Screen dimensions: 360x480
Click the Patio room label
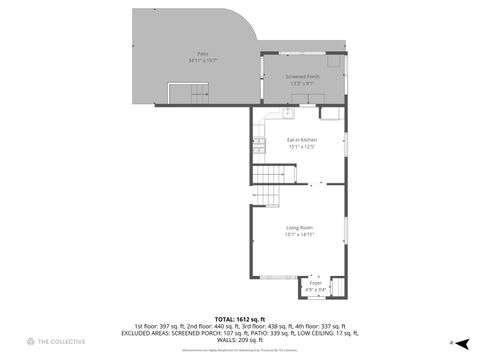coord(203,54)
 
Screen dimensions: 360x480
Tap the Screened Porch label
coord(302,76)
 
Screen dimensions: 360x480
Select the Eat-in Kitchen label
coord(302,140)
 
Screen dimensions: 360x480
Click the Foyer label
coord(315,283)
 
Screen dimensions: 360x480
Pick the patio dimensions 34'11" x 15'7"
coord(203,61)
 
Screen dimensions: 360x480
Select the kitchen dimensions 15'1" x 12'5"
coord(302,147)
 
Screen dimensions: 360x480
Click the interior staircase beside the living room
coord(267,185)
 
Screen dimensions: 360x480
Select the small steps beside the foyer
coord(337,287)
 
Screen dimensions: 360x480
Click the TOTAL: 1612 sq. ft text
coord(239,317)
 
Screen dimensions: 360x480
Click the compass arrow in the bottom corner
coord(451,342)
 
